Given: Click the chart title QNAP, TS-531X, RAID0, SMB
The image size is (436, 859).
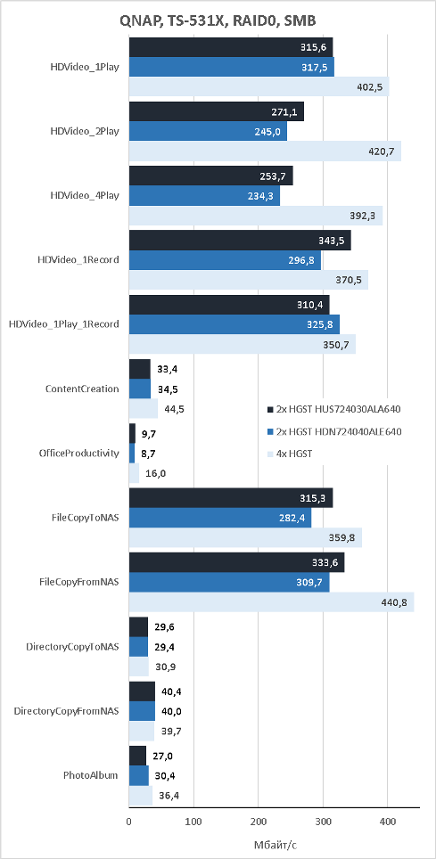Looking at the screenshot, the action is point(218,21).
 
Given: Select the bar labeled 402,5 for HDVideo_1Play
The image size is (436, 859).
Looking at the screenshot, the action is point(259,87).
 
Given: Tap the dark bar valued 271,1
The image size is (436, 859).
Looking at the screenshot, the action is point(216,112).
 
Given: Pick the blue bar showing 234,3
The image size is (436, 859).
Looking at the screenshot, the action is point(204,196).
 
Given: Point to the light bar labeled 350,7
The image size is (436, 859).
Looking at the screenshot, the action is point(242,344).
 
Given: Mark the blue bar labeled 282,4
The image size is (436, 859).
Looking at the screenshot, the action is point(220,518).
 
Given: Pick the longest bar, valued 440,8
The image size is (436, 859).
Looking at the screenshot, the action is point(271,601).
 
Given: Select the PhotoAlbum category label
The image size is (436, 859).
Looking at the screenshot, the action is point(90,774).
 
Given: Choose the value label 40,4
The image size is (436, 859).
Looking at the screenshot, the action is point(172,691).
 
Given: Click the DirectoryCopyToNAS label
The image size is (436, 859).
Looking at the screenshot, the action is point(73,646).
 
